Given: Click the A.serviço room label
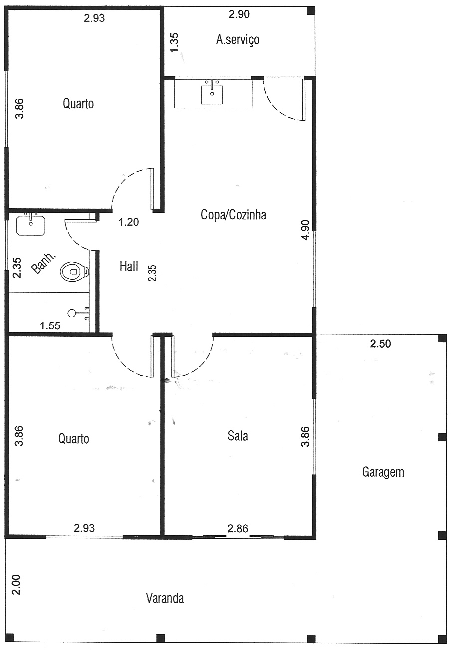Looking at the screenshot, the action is point(237,40).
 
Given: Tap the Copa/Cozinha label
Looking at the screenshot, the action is point(233,215).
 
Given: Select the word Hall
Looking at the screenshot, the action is point(129,266).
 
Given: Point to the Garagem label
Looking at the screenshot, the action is point(383,472).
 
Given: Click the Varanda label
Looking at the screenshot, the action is point(165,598).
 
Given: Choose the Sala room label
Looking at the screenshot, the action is point(238,436).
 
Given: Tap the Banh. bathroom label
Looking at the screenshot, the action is point(43,264).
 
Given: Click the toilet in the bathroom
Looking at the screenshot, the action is point(74,271).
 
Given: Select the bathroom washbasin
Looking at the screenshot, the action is point(31,225).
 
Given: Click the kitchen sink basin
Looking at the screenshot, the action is point(212,94).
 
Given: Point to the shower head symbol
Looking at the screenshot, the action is point(71,313).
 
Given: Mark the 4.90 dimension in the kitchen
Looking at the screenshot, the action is point(306,230).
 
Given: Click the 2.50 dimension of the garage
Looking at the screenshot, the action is point(380,344).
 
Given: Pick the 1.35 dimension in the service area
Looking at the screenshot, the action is point(174,42).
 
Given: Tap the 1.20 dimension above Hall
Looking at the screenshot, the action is point(129,222).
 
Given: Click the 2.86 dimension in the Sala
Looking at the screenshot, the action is point(238,529).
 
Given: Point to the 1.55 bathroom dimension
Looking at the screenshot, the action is point(50,326).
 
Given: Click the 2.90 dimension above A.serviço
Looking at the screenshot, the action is point(239,14).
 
